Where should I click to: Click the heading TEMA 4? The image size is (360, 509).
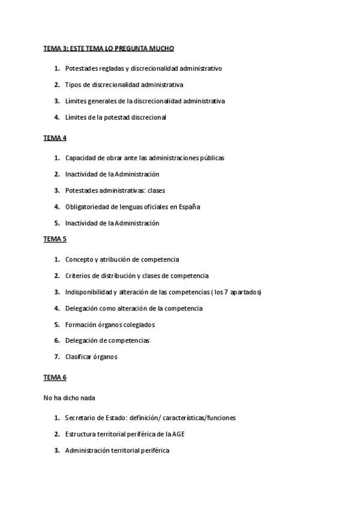tap(55, 138)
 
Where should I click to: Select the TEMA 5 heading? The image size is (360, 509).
tap(55, 239)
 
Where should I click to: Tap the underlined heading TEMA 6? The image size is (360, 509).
tap(55, 377)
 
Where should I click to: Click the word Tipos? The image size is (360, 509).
tap(73, 85)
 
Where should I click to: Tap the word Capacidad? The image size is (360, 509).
tap(80, 158)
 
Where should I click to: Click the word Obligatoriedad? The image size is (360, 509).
tap(86, 206)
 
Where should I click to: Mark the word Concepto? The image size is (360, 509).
tap(80, 259)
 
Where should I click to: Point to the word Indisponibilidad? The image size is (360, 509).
tap(91, 292)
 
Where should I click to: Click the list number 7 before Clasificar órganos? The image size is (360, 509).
tap(56, 357)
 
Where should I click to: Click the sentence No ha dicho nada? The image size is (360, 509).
tap(69, 397)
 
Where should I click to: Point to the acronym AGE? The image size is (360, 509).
tap(170, 434)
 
